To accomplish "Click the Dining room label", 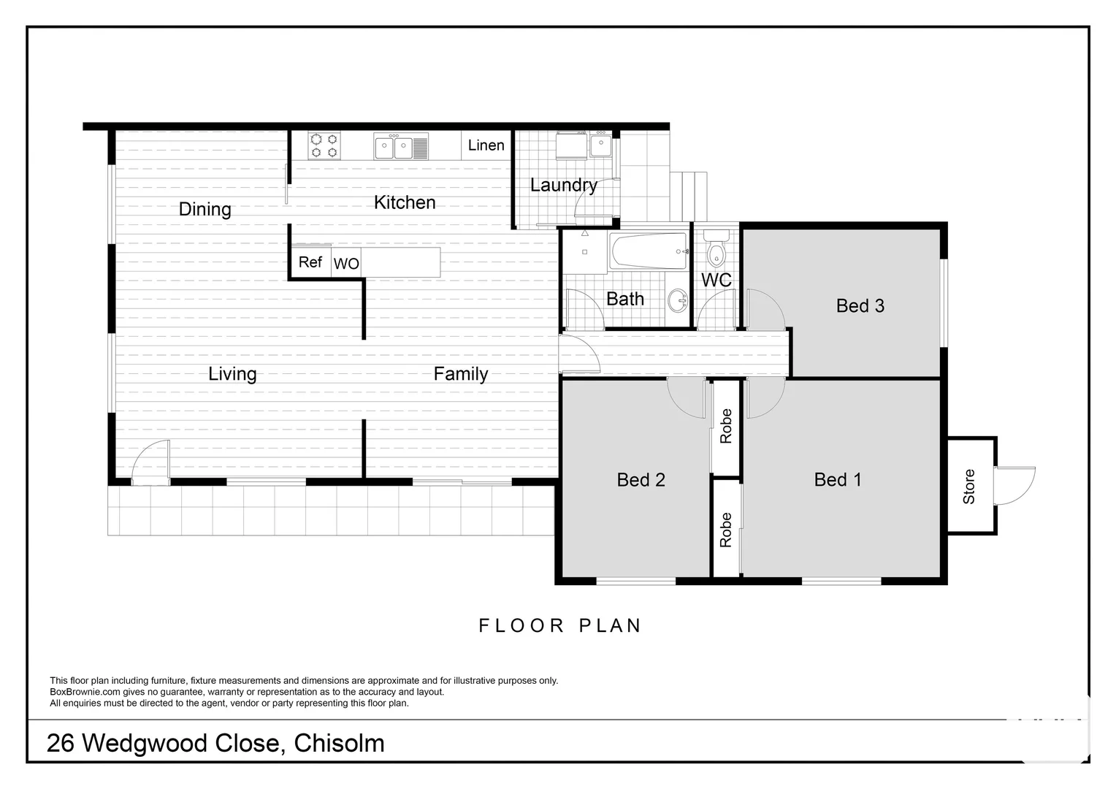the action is pyautogui.click(x=205, y=210).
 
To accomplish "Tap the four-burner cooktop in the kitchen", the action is pyautogui.click(x=324, y=145).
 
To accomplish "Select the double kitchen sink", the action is pyautogui.click(x=400, y=147).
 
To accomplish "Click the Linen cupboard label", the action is pyautogui.click(x=486, y=145).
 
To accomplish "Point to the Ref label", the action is pyautogui.click(x=310, y=262).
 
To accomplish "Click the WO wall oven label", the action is pyautogui.click(x=346, y=263).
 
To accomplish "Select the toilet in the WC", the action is pyautogui.click(x=716, y=248).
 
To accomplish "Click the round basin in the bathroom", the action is pyautogui.click(x=678, y=300).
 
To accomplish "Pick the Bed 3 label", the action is pyautogui.click(x=860, y=305).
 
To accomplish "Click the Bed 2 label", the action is pyautogui.click(x=641, y=479).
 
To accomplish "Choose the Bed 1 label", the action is pyautogui.click(x=838, y=479).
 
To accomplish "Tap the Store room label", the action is pyautogui.click(x=968, y=487).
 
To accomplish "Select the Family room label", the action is pyautogui.click(x=460, y=374).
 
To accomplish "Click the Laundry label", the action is pyautogui.click(x=564, y=185).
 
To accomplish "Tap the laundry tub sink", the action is pyautogui.click(x=601, y=145).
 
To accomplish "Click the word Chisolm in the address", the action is pyautogui.click(x=340, y=743).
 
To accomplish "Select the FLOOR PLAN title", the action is pyautogui.click(x=560, y=625).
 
